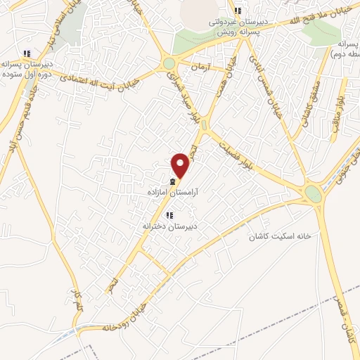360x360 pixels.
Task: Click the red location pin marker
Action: point(181,166)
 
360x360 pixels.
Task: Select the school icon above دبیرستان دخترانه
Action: point(169,214)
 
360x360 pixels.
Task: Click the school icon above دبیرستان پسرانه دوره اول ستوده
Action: point(27,53)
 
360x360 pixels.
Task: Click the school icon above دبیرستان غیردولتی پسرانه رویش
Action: point(238,11)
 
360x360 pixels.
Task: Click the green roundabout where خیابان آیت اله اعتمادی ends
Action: point(169,64)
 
